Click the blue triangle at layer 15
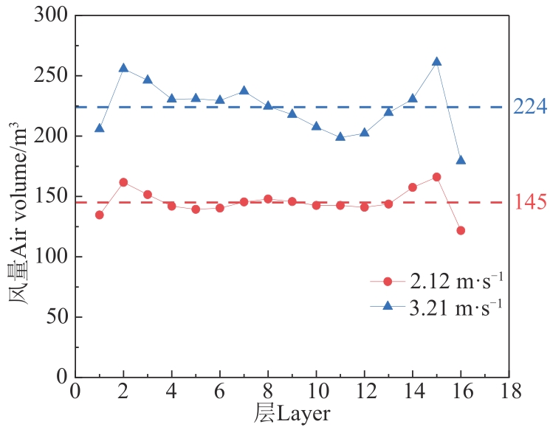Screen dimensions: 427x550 pos(436,62)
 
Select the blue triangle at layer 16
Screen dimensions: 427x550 pos(461,160)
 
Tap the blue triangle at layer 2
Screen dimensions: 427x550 pos(123,68)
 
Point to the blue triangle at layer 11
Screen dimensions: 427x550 pos(340,136)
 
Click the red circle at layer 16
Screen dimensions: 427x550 pos(461,230)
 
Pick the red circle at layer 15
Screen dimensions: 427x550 pos(436,177)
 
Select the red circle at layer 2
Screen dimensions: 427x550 pos(123,182)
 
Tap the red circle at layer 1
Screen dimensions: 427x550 pos(100,215)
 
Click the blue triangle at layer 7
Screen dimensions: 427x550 pos(244,91)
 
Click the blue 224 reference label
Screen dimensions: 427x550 pos(530,108)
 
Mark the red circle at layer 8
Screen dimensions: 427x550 pos(268,199)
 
